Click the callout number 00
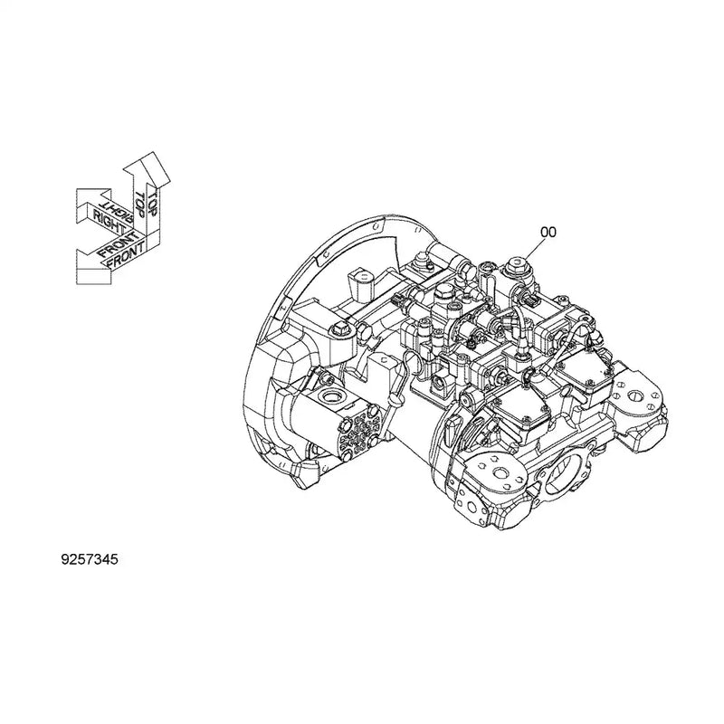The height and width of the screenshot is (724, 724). (x=548, y=232)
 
